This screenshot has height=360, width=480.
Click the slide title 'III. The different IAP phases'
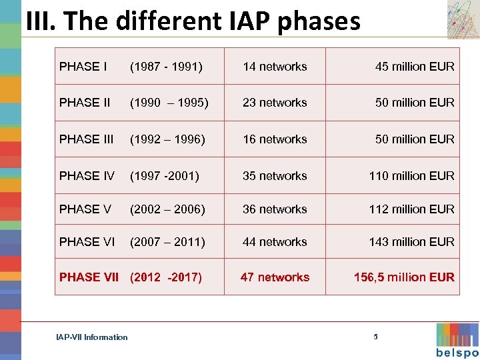[193, 21]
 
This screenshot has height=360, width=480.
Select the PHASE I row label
[83, 67]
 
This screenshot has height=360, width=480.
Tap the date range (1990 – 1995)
[169, 103]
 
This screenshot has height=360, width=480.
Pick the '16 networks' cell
[275, 139]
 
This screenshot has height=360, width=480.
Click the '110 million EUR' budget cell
[411, 176]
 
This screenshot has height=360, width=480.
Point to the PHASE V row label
[85, 209]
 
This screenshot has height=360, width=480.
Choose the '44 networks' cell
[275, 242]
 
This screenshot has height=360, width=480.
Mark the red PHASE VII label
[89, 277]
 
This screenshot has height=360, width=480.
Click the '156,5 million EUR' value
[404, 277]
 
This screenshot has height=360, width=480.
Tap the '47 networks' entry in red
[275, 277]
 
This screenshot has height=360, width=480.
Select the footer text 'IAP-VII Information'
[92, 337]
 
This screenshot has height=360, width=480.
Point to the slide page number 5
[375, 337]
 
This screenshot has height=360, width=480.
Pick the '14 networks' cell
[275, 67]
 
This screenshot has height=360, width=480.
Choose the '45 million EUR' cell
[415, 67]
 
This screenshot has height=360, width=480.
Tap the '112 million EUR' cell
[411, 209]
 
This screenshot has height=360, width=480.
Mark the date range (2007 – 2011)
[167, 242]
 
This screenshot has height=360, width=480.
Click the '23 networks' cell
[275, 103]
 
